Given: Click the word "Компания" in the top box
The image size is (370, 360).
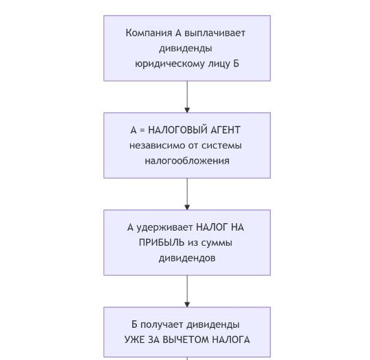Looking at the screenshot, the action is click(149, 33).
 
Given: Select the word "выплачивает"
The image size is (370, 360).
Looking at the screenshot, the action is click(214, 34).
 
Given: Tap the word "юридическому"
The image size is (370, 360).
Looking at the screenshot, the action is click(170, 64).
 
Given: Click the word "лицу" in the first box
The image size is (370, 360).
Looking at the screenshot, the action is click(219, 64).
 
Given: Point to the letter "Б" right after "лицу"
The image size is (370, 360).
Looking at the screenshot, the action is click(236, 64).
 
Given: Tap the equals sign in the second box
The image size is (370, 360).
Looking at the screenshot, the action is click(142, 130).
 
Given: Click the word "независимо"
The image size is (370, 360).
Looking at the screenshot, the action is click(157, 146).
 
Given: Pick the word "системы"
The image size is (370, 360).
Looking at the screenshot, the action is click(221, 146).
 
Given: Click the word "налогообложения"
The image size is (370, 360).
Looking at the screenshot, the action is click(187, 161).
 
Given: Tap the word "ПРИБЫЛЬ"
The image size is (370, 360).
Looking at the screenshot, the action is click(162, 243).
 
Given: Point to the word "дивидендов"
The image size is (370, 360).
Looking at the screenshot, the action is click(187, 258).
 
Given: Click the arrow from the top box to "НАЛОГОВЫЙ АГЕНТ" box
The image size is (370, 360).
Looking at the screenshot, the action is click(187, 97).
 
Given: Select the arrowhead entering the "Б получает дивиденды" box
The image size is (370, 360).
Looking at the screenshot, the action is click(187, 305).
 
